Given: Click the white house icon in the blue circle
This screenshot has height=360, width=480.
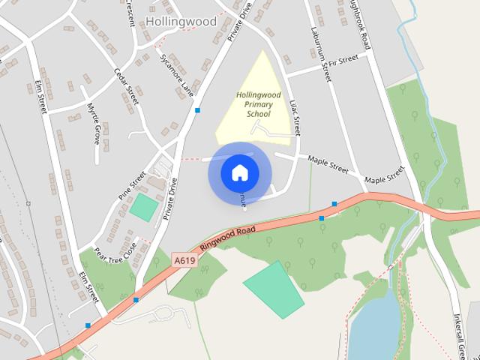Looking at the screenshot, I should pyautogui.click(x=239, y=173).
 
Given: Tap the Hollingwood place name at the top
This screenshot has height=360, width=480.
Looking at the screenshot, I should pyautogui.click(x=181, y=21).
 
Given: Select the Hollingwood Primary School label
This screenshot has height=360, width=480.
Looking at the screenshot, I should pyautogui.click(x=253, y=105).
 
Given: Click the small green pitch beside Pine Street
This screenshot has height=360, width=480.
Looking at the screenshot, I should pyautogui.click(x=143, y=207).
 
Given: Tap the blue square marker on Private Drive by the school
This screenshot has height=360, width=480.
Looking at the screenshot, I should pyautogui.click(x=197, y=110).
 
